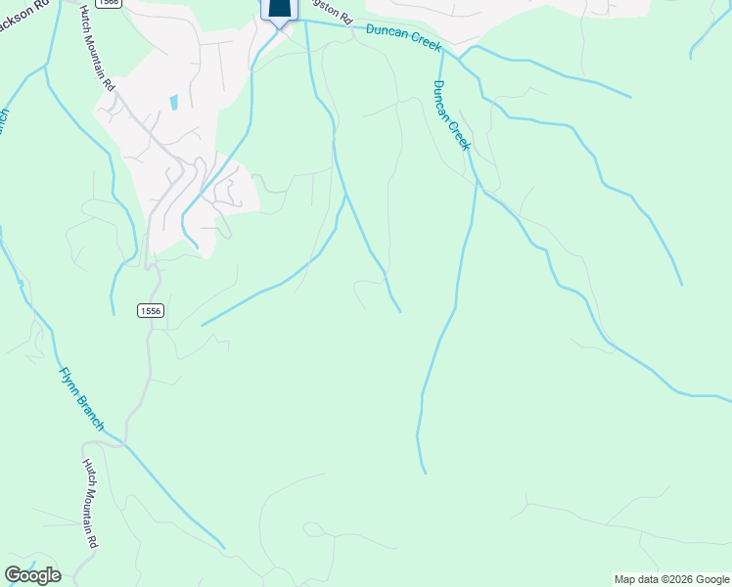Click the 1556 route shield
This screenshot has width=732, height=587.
click(150, 310)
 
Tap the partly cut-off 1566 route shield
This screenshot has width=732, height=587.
click(109, 3)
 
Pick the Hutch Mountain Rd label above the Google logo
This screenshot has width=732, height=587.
click(90, 503)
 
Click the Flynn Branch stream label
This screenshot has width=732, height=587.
click(82, 399)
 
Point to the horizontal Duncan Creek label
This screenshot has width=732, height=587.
click(404, 39)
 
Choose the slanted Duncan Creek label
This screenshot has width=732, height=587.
click(451, 114)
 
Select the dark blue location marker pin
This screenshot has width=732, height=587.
click(279, 9)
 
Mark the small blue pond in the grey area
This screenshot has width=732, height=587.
click(173, 102)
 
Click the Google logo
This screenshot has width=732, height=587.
click(32, 575)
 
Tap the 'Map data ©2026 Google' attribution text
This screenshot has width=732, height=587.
click(671, 579)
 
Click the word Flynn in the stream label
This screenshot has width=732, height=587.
click(69, 382)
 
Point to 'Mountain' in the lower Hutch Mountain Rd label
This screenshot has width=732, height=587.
click(90, 505)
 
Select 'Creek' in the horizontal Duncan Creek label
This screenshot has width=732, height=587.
click(426, 44)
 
